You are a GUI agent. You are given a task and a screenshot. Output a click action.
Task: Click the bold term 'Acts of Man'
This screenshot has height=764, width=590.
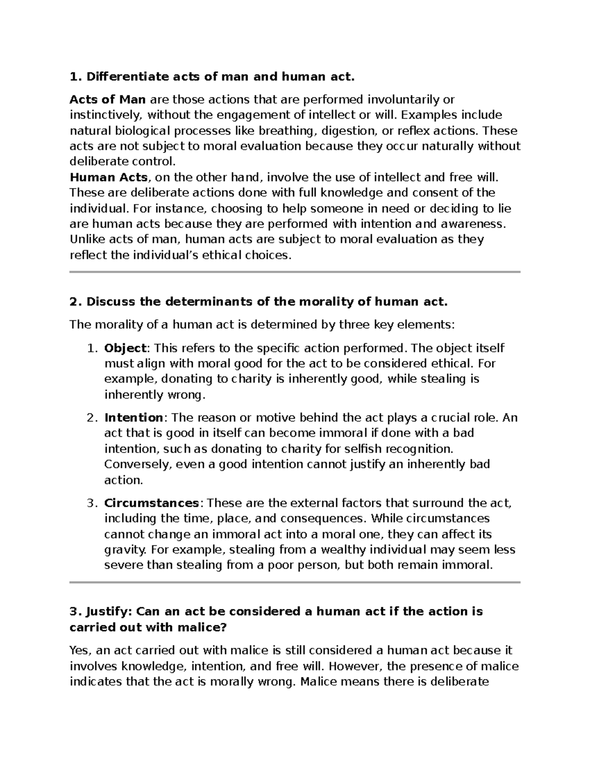[107, 100]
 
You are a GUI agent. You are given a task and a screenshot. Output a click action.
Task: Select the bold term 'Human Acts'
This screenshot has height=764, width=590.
[108, 177]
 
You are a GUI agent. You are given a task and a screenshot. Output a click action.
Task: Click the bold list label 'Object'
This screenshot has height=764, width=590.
[125, 348]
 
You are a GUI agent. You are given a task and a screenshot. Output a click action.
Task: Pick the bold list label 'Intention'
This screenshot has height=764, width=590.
[133, 418]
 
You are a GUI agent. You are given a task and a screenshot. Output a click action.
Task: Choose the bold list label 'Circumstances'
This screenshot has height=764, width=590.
[151, 503]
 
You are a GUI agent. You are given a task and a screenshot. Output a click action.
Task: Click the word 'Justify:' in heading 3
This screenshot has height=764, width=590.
[109, 611]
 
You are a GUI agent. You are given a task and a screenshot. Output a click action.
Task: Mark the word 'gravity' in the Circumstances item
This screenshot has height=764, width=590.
[125, 550]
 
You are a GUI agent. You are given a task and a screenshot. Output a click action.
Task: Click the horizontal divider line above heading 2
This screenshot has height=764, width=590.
[295, 272]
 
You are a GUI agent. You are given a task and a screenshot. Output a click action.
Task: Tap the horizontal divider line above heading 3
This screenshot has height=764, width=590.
[295, 582]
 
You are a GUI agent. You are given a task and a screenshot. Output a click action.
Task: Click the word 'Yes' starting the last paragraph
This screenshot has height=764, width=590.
[79, 651]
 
